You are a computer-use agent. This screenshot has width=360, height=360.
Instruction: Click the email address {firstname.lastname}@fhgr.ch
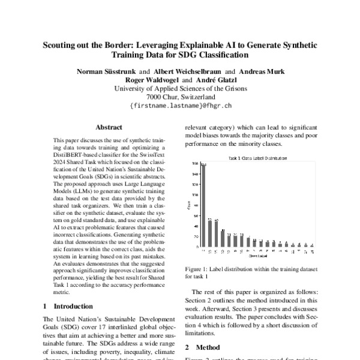[x=181, y=104]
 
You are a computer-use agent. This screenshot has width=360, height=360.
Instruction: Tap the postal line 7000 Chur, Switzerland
[x=181, y=96]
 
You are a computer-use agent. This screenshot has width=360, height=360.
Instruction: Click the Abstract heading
[x=109, y=127]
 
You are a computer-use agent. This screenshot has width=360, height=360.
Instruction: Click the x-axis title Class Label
[x=256, y=256]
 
